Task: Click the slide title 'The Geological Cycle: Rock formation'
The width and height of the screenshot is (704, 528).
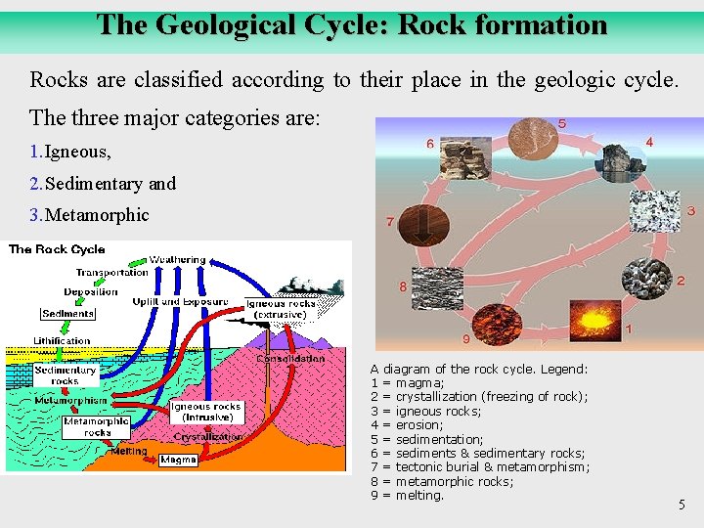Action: click(x=352, y=24)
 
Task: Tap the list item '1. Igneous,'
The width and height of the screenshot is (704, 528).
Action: click(x=70, y=152)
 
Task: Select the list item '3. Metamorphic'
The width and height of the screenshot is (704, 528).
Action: click(x=89, y=214)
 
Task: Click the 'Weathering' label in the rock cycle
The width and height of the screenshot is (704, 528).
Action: click(x=178, y=260)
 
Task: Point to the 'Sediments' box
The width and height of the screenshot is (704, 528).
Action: click(x=68, y=314)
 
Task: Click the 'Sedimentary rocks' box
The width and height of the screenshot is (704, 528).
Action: click(x=66, y=375)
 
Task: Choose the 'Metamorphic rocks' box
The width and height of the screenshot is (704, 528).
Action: click(x=97, y=427)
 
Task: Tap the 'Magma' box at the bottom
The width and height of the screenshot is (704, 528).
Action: click(x=178, y=459)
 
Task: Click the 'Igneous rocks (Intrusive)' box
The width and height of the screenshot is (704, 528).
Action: click(x=205, y=412)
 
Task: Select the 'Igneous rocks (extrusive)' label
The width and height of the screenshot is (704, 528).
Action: click(x=281, y=309)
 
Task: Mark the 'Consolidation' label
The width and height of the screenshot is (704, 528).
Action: click(x=290, y=359)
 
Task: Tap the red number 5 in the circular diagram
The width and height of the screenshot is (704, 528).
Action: click(x=561, y=123)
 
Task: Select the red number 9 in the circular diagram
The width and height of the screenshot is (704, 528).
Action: click(x=465, y=339)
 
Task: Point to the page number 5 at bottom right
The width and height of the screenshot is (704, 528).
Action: click(x=682, y=506)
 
